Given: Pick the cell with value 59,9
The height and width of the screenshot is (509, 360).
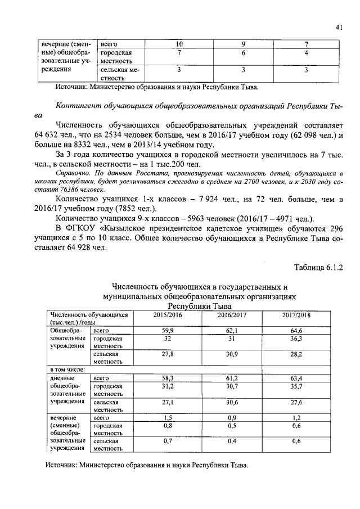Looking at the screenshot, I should pos(167,331).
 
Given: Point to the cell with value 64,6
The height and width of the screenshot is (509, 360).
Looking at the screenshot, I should pos(296,331).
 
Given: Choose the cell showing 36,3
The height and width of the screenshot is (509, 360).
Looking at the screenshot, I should pos(296,339).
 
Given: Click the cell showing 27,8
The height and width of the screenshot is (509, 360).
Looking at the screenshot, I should pos(167,355).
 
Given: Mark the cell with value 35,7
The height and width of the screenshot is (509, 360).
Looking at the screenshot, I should pos(296,387).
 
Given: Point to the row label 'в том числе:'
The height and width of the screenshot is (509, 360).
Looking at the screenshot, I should pos(67,370).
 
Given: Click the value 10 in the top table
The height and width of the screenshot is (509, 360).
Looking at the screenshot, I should pos(179,44).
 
